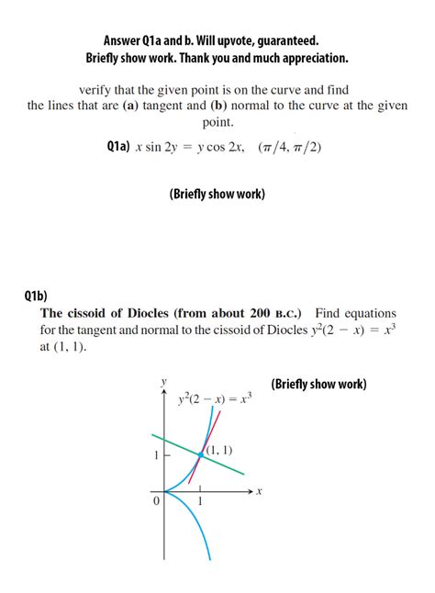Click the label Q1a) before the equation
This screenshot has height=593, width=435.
117,148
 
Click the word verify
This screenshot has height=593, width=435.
97,90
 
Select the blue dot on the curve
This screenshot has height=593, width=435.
201,454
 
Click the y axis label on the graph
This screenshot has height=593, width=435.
164,380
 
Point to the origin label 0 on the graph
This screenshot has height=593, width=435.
156,501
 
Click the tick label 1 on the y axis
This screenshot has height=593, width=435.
157,455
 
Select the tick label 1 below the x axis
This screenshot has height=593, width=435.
201,502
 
